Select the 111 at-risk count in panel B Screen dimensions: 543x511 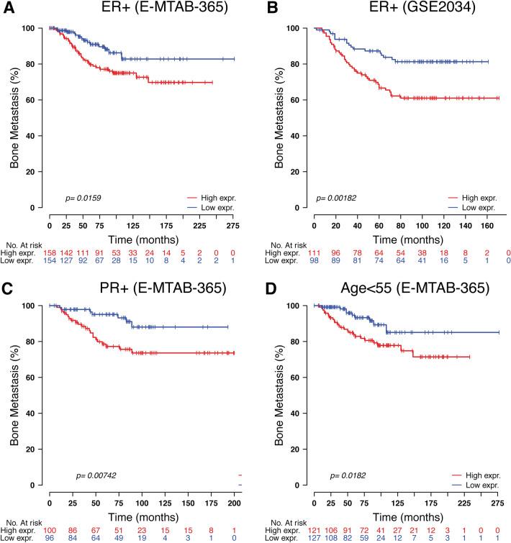317,254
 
